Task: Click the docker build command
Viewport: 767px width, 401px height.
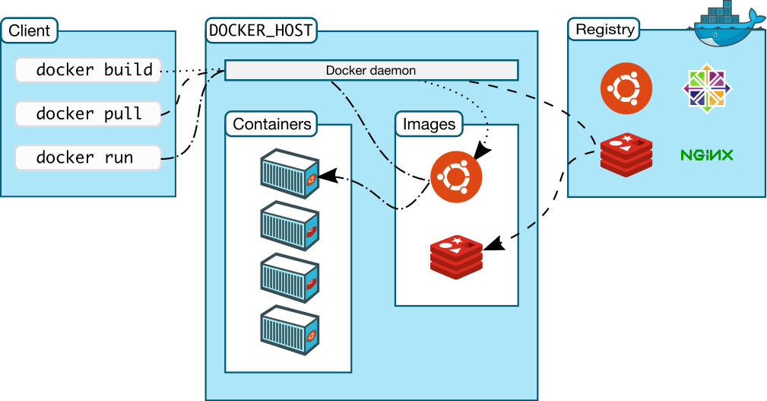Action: (x=88, y=70)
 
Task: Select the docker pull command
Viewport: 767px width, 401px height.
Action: (x=88, y=114)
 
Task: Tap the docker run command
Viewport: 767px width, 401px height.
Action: (x=88, y=158)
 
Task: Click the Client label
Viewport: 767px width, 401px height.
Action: (x=30, y=31)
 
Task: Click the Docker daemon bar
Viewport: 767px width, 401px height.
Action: (x=371, y=71)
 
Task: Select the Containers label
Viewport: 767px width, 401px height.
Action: (x=272, y=124)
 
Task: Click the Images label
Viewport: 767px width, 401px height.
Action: (x=429, y=124)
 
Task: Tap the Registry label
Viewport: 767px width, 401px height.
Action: (x=604, y=30)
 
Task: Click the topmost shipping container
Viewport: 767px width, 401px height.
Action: (x=289, y=174)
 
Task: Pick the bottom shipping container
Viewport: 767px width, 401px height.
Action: (x=289, y=331)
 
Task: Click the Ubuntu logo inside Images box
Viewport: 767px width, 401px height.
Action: (x=456, y=177)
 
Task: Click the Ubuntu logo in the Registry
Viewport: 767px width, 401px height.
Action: (x=626, y=88)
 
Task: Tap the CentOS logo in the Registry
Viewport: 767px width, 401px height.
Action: (x=707, y=88)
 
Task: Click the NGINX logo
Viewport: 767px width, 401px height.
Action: (x=706, y=155)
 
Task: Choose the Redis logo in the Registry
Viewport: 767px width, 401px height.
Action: (x=626, y=155)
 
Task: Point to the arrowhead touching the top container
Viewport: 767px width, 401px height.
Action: (x=326, y=177)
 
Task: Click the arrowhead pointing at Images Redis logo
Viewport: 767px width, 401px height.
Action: (x=493, y=245)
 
